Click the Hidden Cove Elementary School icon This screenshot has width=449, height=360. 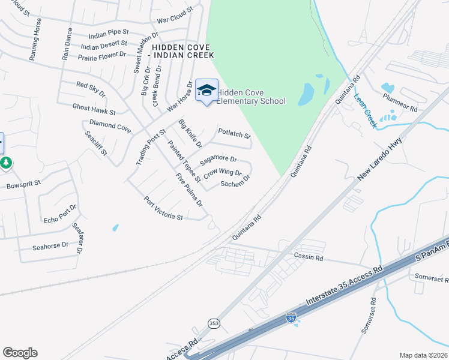[x=207, y=91]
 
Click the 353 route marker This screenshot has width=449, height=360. [x=214, y=323]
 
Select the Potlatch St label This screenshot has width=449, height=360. [x=234, y=133]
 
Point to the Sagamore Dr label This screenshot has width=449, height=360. [x=218, y=160]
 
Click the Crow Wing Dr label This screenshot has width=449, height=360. [x=222, y=173]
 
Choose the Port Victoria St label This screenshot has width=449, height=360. [x=163, y=208]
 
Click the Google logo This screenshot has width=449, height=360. [x=20, y=353]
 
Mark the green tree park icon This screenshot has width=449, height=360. [x=6, y=163]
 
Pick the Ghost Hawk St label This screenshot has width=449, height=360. [x=94, y=109]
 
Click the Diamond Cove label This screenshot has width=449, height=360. [x=110, y=126]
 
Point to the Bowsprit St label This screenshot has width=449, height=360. [x=23, y=183]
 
